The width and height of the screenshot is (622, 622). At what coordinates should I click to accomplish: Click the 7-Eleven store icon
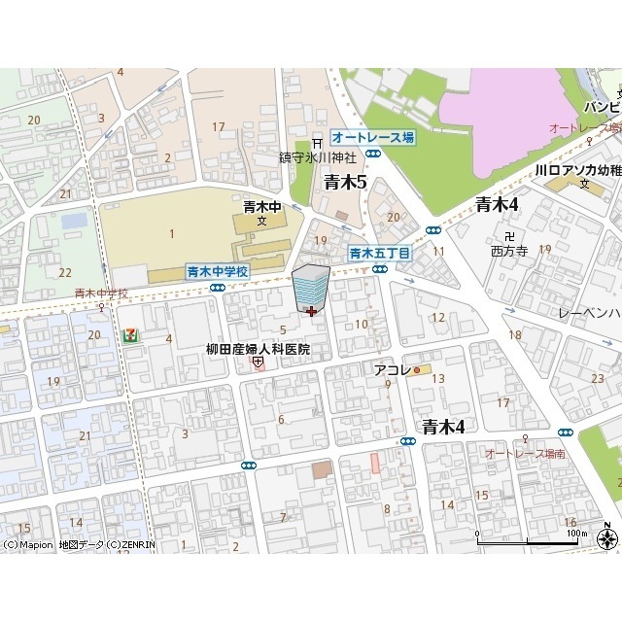click(130, 334)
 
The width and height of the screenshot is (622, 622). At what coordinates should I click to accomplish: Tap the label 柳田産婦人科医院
click(258, 349)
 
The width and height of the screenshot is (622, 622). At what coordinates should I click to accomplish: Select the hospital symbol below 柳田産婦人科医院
click(258, 363)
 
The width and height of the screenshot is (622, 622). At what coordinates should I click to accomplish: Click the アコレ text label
click(390, 370)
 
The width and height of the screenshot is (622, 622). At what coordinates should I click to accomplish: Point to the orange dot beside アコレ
click(416, 370)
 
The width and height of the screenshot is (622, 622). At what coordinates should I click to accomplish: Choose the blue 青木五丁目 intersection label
click(380, 253)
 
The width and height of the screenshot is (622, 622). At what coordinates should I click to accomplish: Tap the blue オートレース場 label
click(372, 138)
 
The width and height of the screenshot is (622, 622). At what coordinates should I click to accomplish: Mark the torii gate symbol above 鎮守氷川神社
click(316, 144)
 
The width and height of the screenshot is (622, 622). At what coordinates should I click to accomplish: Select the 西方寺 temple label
click(508, 250)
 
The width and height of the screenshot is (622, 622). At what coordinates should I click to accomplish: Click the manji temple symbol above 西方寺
click(508, 234)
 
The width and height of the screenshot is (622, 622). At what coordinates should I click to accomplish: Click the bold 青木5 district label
click(345, 181)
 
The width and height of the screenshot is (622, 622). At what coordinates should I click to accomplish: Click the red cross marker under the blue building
click(310, 311)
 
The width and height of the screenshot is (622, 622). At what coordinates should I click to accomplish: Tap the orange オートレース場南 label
click(526, 454)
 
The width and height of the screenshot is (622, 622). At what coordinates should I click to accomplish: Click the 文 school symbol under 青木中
click(261, 222)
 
